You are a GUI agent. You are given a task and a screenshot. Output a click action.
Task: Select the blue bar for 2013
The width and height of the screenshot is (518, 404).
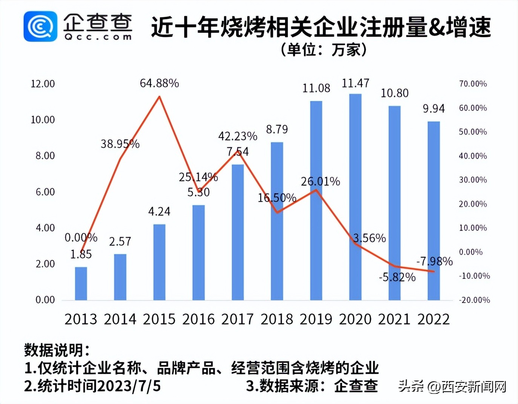tap(81, 283)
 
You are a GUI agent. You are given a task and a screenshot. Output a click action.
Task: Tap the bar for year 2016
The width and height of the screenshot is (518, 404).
tap(199, 252)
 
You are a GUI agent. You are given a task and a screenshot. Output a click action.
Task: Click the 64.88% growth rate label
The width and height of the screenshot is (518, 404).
tap(159, 83)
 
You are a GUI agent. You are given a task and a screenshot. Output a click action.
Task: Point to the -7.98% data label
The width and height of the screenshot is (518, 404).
tap(434, 261)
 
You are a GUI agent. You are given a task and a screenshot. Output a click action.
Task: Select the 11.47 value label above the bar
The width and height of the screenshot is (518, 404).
tap(355, 83)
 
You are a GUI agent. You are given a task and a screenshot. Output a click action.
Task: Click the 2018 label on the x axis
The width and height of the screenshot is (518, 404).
tap(277, 319)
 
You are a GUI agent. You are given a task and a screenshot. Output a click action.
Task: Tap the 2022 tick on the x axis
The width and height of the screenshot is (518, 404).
tap(434, 319)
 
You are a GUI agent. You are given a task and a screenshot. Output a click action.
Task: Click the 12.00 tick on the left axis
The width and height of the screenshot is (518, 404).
tap(43, 84)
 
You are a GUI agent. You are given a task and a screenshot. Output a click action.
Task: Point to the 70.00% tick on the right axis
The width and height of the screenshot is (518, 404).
tap(473, 84)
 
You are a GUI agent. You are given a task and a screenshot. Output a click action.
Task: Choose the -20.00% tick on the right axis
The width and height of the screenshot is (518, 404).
tap(474, 300)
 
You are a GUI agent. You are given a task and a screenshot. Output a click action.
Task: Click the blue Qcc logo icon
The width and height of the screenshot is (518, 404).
tap(40, 26)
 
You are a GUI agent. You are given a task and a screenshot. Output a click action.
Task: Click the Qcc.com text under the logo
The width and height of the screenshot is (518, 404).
tap(98, 37)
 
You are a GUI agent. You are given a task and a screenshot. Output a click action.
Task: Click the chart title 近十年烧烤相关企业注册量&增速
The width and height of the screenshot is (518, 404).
tap(321, 27)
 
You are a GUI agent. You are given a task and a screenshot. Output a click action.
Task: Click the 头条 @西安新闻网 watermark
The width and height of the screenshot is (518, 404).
tap(452, 386)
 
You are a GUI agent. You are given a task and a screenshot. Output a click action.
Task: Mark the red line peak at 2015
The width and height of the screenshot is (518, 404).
tap(159, 97)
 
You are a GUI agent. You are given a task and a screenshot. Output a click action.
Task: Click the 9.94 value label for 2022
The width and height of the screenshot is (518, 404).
tap(434, 109)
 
